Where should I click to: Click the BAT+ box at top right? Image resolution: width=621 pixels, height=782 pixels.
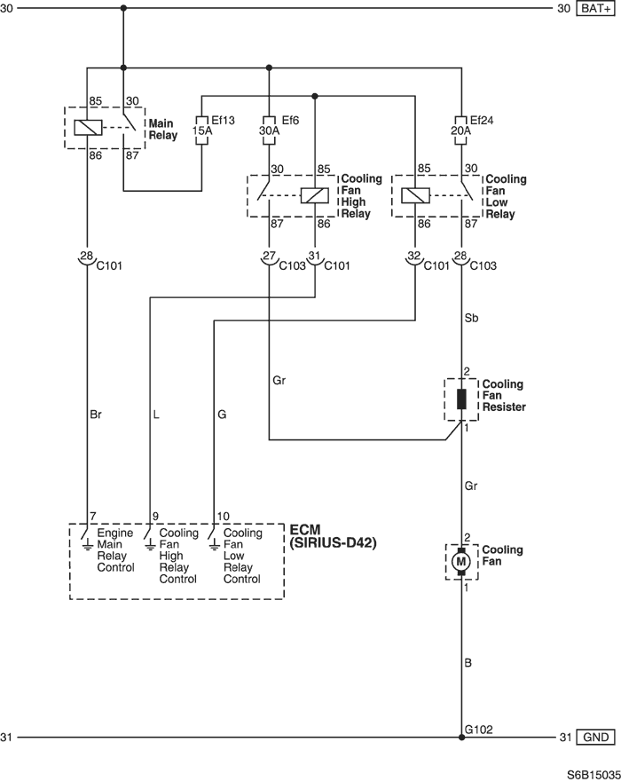[x=595, y=9]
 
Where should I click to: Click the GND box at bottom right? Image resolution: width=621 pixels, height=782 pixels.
[x=595, y=737]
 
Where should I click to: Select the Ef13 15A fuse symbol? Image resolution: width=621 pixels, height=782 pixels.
[x=202, y=130]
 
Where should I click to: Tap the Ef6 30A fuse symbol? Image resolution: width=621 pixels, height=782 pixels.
[x=269, y=130]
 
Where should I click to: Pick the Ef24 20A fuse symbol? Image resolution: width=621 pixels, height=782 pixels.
[x=461, y=130]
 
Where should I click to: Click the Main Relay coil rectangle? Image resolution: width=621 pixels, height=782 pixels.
[x=88, y=128]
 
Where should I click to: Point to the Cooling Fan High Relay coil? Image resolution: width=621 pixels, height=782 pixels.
[x=315, y=195]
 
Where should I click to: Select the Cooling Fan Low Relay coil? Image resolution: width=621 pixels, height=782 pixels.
[x=415, y=195]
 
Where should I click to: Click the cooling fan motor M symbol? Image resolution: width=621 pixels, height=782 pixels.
[x=461, y=562]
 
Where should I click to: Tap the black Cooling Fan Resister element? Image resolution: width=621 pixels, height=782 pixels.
[x=461, y=399]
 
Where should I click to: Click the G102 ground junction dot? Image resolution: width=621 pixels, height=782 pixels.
[x=461, y=737]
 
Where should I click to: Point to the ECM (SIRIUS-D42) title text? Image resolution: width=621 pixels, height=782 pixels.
[x=333, y=536]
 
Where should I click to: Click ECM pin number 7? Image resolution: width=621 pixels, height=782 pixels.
[x=92, y=517]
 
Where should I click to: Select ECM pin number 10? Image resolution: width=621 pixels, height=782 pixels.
[x=224, y=517]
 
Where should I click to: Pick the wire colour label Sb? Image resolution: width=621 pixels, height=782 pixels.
[x=471, y=318]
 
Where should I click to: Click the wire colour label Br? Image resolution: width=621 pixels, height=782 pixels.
[x=96, y=415]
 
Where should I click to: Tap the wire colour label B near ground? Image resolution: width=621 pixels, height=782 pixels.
[x=468, y=663]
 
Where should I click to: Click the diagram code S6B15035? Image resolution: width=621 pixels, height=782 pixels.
[x=593, y=775]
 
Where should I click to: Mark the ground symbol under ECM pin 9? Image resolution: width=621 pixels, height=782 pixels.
[x=150, y=546]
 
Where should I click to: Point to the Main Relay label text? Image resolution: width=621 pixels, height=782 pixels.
[x=163, y=130]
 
